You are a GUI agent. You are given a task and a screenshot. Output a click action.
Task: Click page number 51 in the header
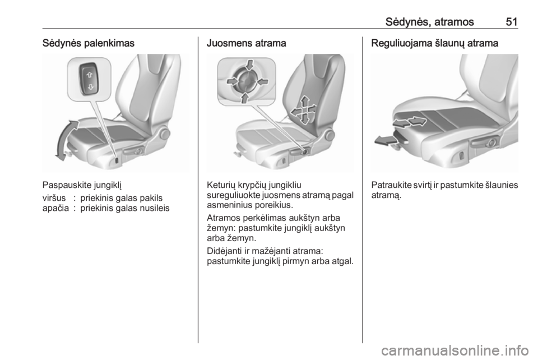(511, 22)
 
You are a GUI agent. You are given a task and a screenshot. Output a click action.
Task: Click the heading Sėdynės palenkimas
(88, 43)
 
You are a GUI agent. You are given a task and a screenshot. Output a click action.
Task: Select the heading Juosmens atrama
(247, 43)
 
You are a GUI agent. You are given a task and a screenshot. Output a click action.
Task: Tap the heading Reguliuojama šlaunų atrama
(434, 43)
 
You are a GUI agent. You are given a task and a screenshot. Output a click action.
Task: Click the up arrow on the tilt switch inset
(90, 75)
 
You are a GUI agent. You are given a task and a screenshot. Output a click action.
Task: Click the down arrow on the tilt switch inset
(90, 87)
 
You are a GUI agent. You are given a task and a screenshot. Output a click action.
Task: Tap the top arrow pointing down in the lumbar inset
(250, 65)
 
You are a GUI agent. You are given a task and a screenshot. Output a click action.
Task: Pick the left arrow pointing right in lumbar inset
(233, 81)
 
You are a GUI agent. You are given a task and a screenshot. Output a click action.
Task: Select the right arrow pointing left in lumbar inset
(262, 82)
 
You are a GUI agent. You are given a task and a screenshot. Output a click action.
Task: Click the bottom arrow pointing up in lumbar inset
(245, 98)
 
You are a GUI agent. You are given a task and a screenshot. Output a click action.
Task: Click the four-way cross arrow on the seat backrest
(304, 110)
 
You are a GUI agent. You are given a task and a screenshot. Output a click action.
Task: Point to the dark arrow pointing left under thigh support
(385, 140)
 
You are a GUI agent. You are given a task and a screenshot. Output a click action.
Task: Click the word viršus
(54, 198)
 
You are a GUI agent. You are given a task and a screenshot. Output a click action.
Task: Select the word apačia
(55, 208)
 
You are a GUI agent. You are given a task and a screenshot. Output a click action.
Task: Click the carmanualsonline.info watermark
(455, 350)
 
